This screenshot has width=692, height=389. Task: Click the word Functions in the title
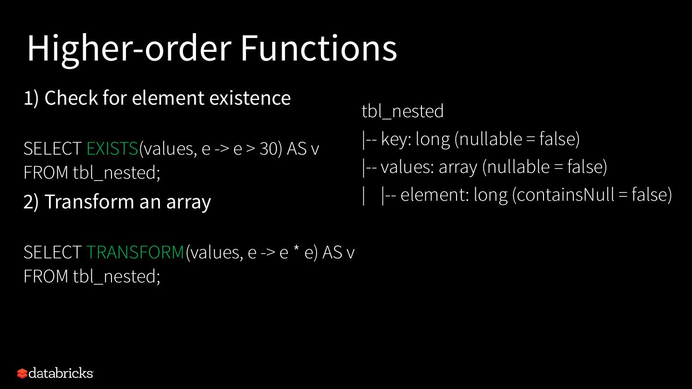(x=318, y=49)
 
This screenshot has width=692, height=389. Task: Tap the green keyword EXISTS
(x=112, y=149)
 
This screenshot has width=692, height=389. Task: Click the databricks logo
(x=55, y=373)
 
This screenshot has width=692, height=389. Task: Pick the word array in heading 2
(x=188, y=203)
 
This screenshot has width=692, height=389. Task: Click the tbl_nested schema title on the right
(x=402, y=111)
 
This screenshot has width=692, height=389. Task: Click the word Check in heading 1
(x=71, y=98)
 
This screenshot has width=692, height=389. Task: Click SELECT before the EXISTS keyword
(x=52, y=149)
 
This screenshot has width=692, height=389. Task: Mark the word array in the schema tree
(x=457, y=168)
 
